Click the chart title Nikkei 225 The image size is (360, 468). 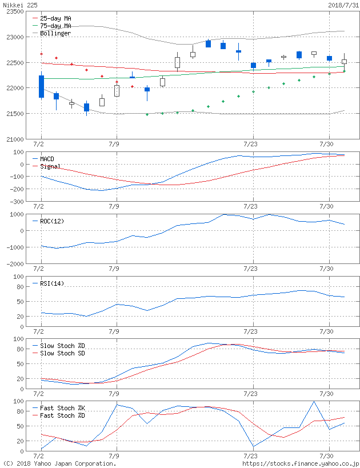tap(18, 5)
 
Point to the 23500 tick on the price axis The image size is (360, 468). tap(14, 11)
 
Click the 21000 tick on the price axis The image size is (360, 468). tap(14, 139)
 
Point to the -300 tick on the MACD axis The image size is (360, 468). tap(17, 202)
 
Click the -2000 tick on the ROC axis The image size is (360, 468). tap(15, 264)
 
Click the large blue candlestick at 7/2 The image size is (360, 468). tap(41, 86)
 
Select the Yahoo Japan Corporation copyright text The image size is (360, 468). tap(59, 463)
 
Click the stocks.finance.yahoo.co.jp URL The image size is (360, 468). tap(301, 463)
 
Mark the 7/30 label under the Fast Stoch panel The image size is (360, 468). tap(326, 456)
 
